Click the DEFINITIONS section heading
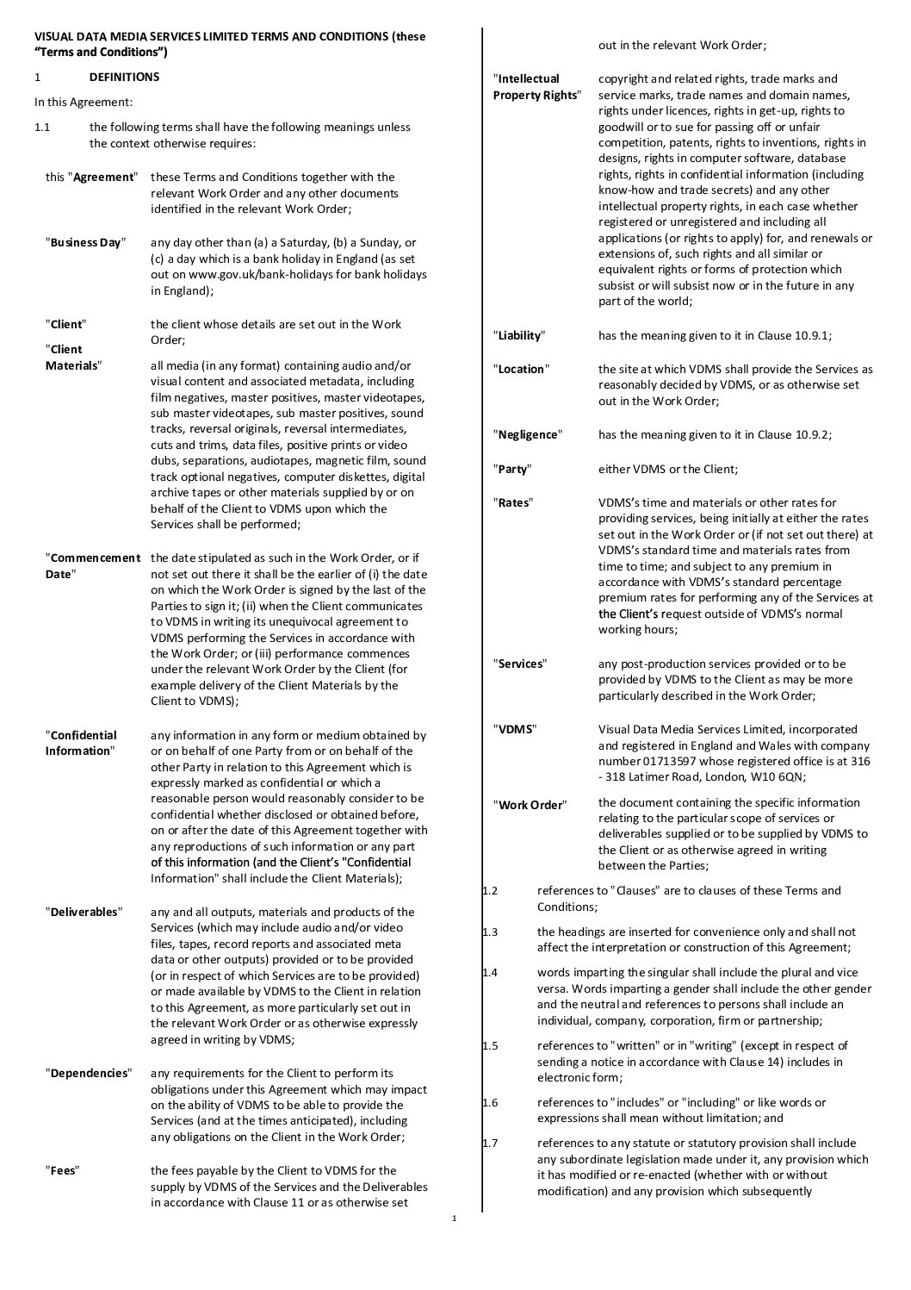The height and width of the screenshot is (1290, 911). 124,77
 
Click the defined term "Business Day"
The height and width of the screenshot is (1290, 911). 86,242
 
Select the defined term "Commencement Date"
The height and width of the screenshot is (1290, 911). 92,566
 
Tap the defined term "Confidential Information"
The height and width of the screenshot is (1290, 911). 82,743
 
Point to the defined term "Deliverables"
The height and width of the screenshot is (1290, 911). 84,912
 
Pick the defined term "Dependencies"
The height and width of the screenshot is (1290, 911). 89,1073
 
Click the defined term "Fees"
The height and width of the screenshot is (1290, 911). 65,1170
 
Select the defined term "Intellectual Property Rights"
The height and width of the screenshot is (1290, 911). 536,87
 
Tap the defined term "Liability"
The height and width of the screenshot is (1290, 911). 519,335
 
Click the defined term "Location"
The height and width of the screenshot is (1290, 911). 522,369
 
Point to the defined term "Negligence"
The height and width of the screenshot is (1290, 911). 527,434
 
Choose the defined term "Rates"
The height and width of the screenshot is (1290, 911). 513,502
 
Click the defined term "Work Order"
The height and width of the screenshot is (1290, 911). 530,805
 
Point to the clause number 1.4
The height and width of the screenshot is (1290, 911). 490,972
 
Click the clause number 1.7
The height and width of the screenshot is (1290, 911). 490,1144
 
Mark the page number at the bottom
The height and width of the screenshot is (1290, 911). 454,1218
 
